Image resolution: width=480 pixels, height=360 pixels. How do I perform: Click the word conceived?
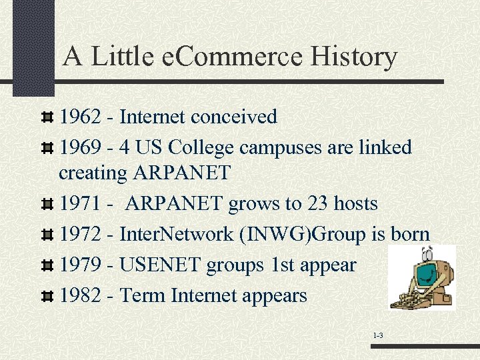[234, 117]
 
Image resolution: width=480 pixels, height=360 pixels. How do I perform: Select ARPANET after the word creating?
[181, 173]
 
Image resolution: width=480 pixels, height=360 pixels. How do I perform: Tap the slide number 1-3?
[377, 335]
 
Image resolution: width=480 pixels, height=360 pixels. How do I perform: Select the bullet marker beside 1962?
[47, 118]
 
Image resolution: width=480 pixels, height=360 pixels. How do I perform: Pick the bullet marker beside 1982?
[47, 296]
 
